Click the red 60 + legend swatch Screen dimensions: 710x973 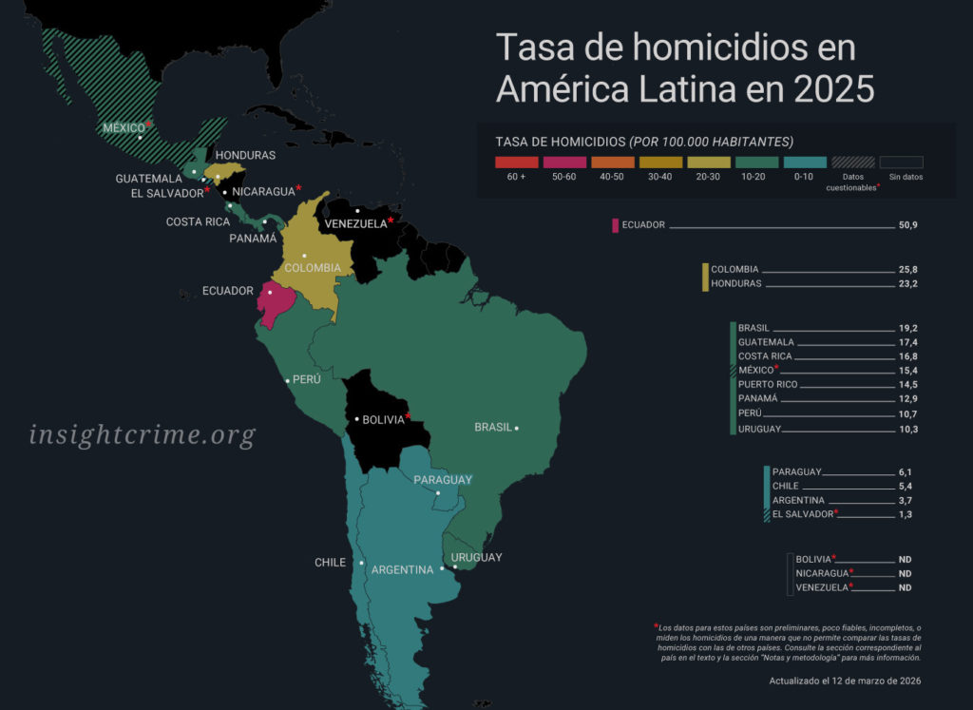[x=517, y=163]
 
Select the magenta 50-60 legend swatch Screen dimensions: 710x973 [x=564, y=163]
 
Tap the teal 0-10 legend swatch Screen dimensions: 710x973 [x=806, y=163]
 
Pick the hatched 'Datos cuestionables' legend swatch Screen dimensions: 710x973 [x=853, y=163]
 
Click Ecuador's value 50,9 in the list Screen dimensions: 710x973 [x=907, y=225]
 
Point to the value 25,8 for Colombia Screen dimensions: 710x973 [x=907, y=269]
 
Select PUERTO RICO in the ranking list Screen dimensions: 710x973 [x=768, y=385]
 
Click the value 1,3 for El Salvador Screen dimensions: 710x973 [x=906, y=514]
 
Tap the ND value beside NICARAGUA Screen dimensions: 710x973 [x=905, y=574]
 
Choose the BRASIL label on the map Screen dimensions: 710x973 [x=493, y=428]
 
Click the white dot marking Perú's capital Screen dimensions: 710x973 [x=288, y=381]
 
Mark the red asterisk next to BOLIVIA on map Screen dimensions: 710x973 [x=409, y=415]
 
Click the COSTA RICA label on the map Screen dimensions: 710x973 [x=198, y=221]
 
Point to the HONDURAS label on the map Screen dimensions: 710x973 [x=245, y=155]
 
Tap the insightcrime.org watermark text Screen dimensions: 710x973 [x=143, y=435]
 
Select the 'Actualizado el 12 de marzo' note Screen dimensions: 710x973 [x=845, y=681]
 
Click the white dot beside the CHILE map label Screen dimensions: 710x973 [x=362, y=563]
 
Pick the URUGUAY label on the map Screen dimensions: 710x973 [x=476, y=557]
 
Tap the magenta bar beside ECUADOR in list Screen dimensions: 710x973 [x=616, y=225]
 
